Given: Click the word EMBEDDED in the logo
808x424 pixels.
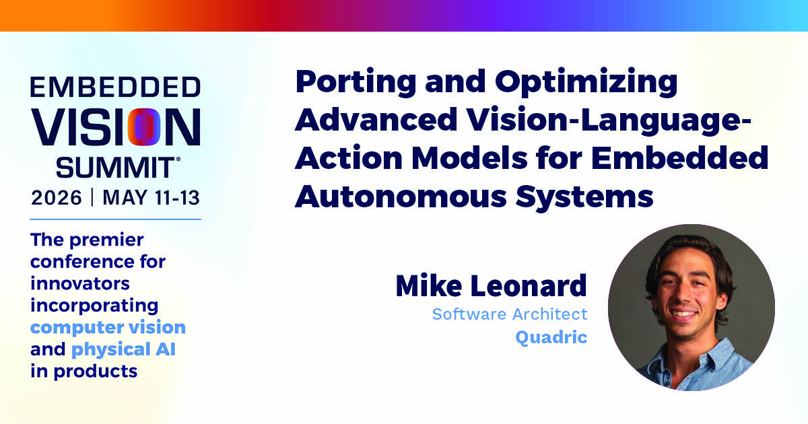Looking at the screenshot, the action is [115, 87].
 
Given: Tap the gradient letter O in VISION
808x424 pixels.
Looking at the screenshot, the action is [144, 127].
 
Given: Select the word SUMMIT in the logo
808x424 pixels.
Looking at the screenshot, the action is [115, 168].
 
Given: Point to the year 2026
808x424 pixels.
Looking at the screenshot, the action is [57, 198].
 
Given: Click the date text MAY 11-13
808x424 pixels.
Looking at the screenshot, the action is [151, 198].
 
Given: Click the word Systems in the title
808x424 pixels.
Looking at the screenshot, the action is [584, 199].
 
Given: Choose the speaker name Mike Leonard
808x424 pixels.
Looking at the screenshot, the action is [492, 285].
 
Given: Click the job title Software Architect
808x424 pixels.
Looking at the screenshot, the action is [510, 314].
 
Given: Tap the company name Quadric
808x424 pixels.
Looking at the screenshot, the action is [551, 338].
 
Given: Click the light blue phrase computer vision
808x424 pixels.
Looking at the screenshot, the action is [108, 327].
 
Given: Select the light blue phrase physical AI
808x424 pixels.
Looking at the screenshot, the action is [123, 349].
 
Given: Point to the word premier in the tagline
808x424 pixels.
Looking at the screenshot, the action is [106, 240].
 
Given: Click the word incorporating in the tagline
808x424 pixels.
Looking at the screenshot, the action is [94, 306].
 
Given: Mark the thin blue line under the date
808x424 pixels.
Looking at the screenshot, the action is [115, 219].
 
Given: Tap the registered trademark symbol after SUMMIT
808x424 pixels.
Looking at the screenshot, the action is [178, 159].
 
